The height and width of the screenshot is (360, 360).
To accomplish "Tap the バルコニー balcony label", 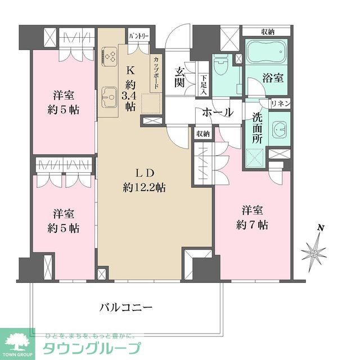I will coord(126,308).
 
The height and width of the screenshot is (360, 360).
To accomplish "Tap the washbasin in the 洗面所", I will coord(279,129).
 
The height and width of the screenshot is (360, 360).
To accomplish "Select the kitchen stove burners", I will coord(109,56).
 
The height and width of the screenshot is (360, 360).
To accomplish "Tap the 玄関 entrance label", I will coord(180,77).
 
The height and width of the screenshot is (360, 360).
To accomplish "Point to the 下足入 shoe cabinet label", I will coord(204,84).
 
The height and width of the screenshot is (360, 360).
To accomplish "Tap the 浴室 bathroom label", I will coord(272,78).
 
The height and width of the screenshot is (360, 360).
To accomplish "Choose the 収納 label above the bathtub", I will coord(267,31).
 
